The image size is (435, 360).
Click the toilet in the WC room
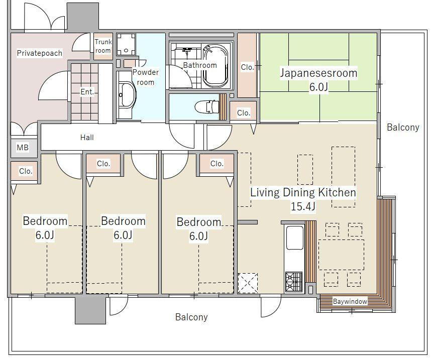206,107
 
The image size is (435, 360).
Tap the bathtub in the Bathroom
216,66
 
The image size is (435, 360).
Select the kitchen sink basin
295,237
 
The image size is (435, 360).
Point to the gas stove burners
294,282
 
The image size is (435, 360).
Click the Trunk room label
103,46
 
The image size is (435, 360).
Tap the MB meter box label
23,147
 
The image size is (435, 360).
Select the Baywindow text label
350,301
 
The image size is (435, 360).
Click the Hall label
87,137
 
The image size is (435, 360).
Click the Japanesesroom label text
318,73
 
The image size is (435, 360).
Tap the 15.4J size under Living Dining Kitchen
303,206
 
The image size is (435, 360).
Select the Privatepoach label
39,53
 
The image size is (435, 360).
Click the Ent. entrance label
87,91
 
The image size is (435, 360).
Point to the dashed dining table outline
341,255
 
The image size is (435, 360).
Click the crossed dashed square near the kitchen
248,283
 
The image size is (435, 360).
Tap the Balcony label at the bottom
191,317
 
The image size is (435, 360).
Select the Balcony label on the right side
403,128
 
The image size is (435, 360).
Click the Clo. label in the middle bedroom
103,164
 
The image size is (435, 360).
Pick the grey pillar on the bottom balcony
90,310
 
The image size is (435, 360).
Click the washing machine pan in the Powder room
126,44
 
